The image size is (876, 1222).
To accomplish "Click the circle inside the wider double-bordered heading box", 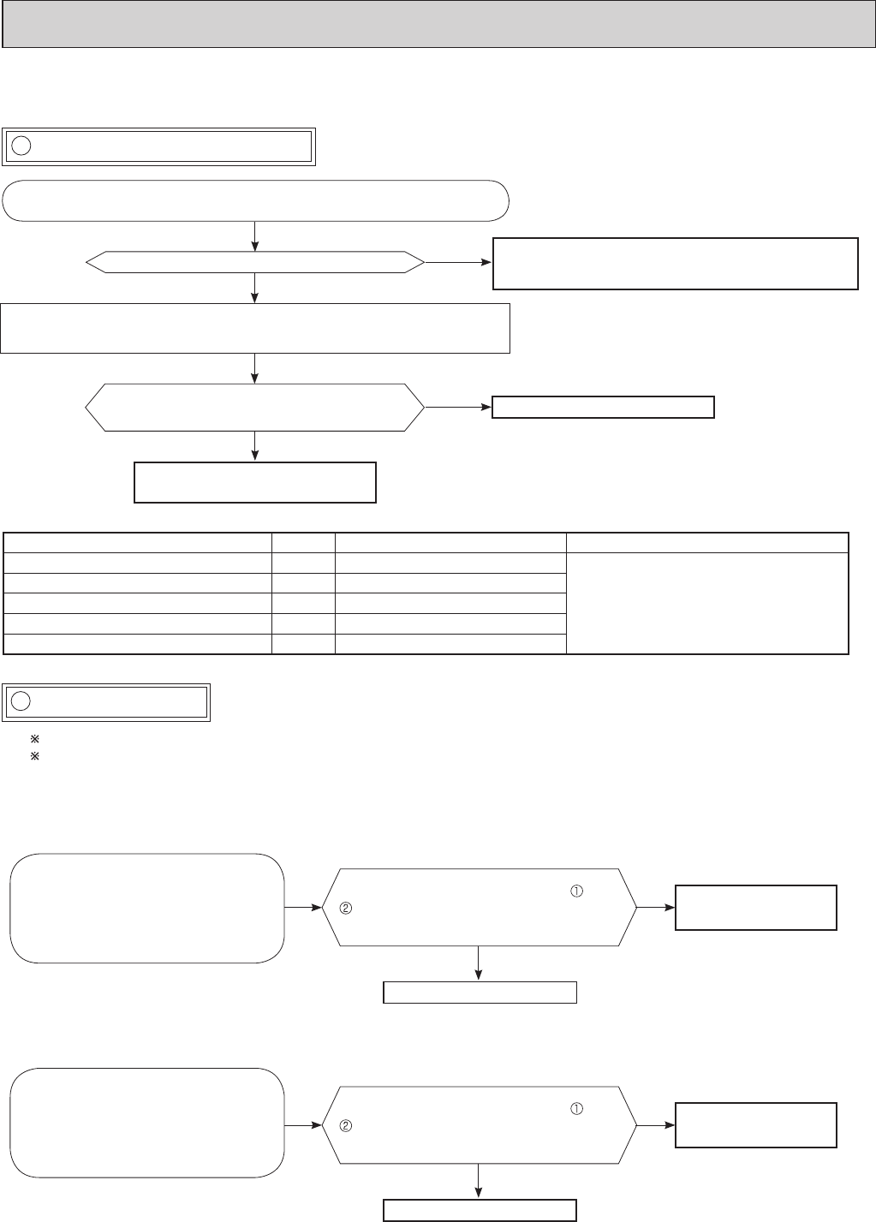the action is tap(22, 146).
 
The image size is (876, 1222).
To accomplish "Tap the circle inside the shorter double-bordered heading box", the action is tap(22, 700).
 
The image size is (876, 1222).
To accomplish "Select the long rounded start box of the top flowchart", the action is tap(256, 201).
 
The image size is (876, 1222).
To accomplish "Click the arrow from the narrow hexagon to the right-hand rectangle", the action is tap(459, 264).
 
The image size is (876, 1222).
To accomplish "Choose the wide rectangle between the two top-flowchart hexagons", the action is tap(255, 327).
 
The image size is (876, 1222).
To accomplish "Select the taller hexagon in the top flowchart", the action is tap(255, 407).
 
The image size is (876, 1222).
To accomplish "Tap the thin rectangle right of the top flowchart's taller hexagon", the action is tap(603, 407).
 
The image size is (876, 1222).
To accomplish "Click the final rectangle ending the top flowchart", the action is tap(255, 482).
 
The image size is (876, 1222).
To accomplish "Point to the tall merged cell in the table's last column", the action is tap(707, 603).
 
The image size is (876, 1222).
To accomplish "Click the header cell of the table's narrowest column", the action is tap(303, 542).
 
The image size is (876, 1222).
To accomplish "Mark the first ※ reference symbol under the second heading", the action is tap(35, 738).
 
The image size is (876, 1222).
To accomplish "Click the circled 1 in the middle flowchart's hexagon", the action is tap(576, 891).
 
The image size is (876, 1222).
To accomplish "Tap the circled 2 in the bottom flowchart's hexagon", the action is tap(346, 1125).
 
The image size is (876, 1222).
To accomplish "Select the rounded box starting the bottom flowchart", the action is tap(146, 1123).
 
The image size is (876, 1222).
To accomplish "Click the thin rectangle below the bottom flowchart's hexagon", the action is tap(480, 1209).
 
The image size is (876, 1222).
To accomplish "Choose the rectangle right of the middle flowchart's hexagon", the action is tap(756, 908).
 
